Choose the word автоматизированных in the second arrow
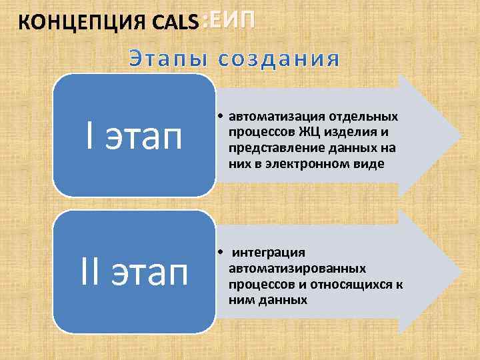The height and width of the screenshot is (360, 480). coord(297,268)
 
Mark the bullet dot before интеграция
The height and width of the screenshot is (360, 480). coord(219,253)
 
